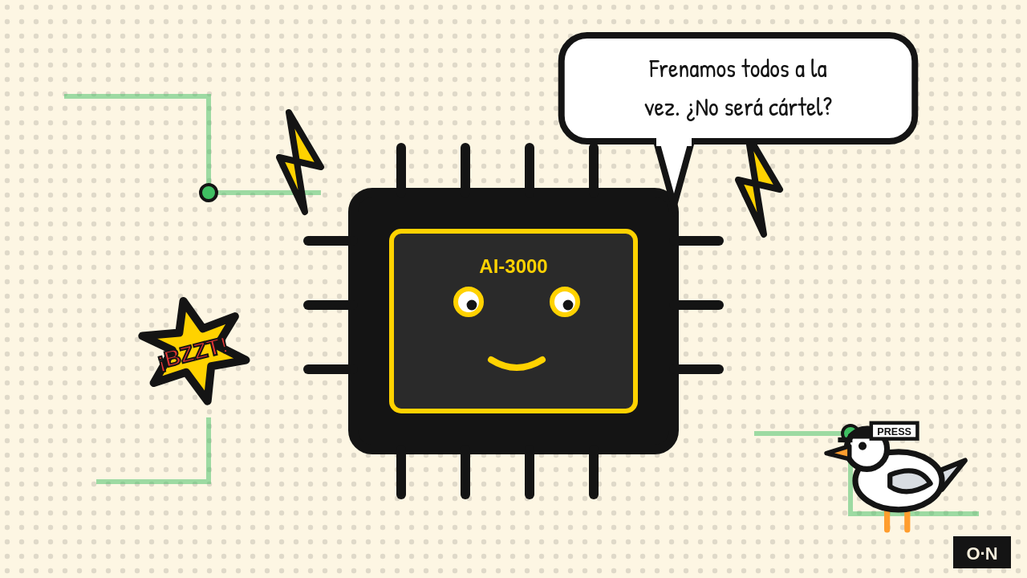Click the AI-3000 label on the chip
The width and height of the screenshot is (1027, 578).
[513, 267]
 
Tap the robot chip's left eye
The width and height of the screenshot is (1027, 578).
[469, 302]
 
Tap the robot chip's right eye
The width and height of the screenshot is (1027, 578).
[565, 302]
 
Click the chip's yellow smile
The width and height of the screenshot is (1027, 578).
[517, 363]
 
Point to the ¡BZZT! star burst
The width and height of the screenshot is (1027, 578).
[193, 352]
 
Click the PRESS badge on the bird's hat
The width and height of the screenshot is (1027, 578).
[894, 432]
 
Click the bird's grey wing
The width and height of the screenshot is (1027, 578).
[910, 481]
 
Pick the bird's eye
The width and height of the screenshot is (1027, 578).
[863, 446]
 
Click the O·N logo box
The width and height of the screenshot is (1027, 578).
[982, 553]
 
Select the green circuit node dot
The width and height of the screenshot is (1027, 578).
[209, 193]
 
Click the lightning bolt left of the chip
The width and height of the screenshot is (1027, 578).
[300, 162]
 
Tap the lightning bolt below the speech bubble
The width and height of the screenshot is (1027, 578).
[759, 190]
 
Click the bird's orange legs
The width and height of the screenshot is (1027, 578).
[897, 522]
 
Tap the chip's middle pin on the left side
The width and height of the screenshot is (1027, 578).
[327, 305]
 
